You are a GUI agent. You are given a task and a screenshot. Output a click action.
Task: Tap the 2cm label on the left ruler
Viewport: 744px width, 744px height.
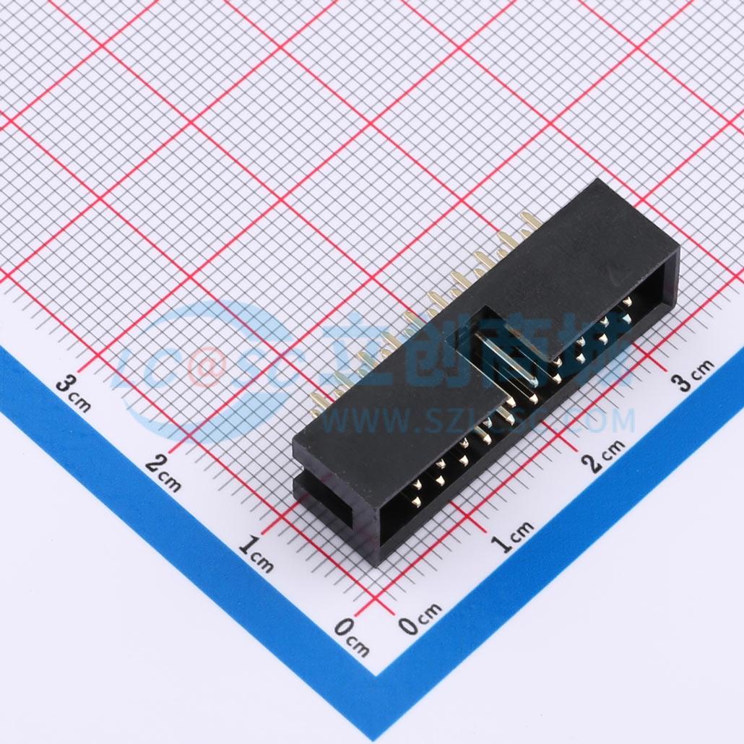163,473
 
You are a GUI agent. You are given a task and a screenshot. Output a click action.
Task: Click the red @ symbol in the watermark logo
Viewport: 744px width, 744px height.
204,365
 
